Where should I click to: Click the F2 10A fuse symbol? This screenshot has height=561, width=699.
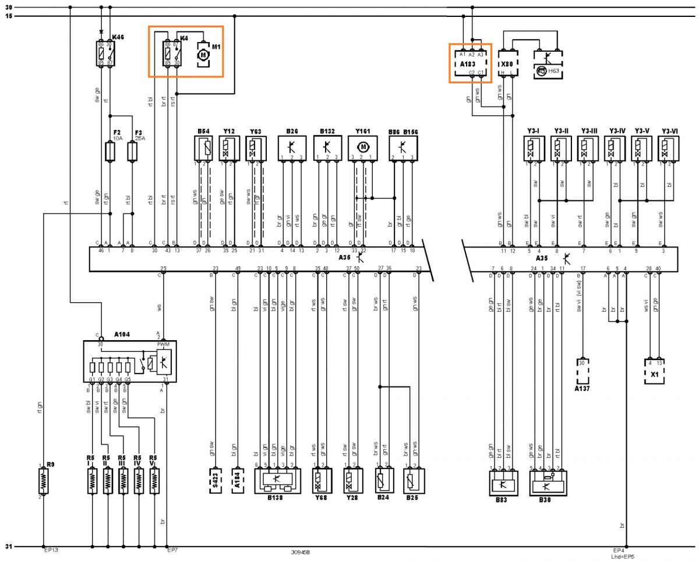110,152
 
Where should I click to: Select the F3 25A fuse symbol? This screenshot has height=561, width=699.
132,152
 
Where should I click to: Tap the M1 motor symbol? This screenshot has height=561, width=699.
203,54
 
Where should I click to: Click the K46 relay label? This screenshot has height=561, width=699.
118,37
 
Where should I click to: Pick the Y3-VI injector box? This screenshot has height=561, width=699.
666,148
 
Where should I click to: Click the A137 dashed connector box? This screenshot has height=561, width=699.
582,370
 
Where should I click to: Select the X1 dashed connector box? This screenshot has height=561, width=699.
655,370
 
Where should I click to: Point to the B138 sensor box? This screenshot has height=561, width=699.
277,481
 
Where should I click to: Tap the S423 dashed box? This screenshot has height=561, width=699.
216,481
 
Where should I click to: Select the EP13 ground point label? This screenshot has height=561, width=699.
51,550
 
